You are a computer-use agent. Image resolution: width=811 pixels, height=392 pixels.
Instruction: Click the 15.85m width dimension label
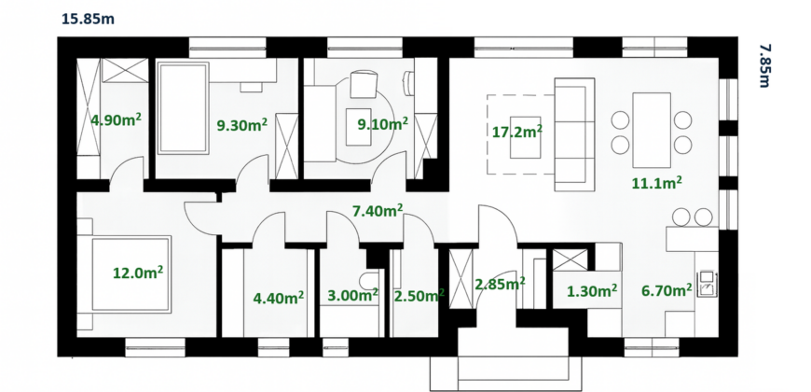88,20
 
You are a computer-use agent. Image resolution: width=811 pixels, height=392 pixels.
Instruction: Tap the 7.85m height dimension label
765,65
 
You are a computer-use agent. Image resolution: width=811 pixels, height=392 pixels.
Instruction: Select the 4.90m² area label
117,120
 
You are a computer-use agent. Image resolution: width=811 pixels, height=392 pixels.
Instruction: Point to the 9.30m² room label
242,124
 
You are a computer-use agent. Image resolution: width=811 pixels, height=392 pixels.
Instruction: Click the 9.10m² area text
383,123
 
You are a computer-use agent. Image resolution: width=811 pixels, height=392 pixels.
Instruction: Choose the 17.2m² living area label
516,132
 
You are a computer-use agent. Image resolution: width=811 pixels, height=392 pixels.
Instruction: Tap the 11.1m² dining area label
657,183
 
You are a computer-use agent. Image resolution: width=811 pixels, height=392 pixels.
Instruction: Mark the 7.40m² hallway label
378,210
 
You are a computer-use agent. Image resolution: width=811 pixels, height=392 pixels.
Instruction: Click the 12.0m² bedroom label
138,273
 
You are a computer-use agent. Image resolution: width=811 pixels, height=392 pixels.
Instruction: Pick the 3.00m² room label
353,296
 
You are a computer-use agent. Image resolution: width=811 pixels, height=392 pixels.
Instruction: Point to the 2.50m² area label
419,296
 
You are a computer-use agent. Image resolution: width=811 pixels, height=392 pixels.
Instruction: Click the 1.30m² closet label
592,291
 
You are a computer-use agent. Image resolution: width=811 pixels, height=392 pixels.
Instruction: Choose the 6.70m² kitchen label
667,291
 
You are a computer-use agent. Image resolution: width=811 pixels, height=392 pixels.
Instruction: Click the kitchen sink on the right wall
707,285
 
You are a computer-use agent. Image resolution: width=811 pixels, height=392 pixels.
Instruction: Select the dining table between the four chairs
652,130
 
